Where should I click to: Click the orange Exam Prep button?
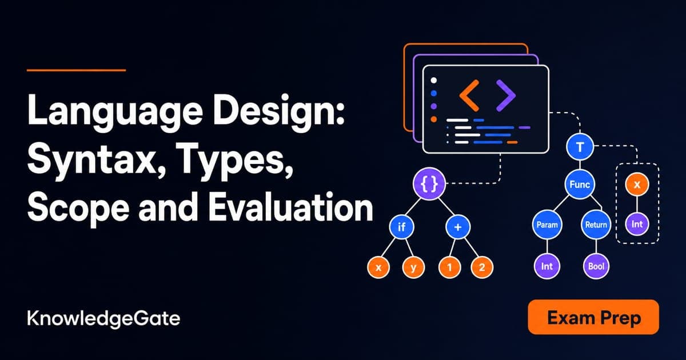(x=593, y=317)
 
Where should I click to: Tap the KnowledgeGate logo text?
(x=103, y=319)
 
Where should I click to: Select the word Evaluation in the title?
(x=290, y=207)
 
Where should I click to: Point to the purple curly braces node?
(x=429, y=183)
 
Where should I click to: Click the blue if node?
(x=401, y=227)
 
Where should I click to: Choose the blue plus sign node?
(x=458, y=227)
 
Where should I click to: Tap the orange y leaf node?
(x=413, y=267)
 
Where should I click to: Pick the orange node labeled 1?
(x=449, y=267)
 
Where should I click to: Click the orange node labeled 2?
(x=482, y=267)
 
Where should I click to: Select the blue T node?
(x=580, y=147)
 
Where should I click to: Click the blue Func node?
(x=580, y=184)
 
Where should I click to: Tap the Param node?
(x=547, y=225)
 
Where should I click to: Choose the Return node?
(x=596, y=225)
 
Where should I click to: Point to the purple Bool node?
(x=596, y=266)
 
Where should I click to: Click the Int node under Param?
(x=547, y=266)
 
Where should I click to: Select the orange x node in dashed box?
(x=637, y=184)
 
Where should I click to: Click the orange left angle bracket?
(x=469, y=95)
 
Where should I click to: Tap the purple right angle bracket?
(x=506, y=95)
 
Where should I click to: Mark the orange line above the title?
(x=76, y=70)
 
